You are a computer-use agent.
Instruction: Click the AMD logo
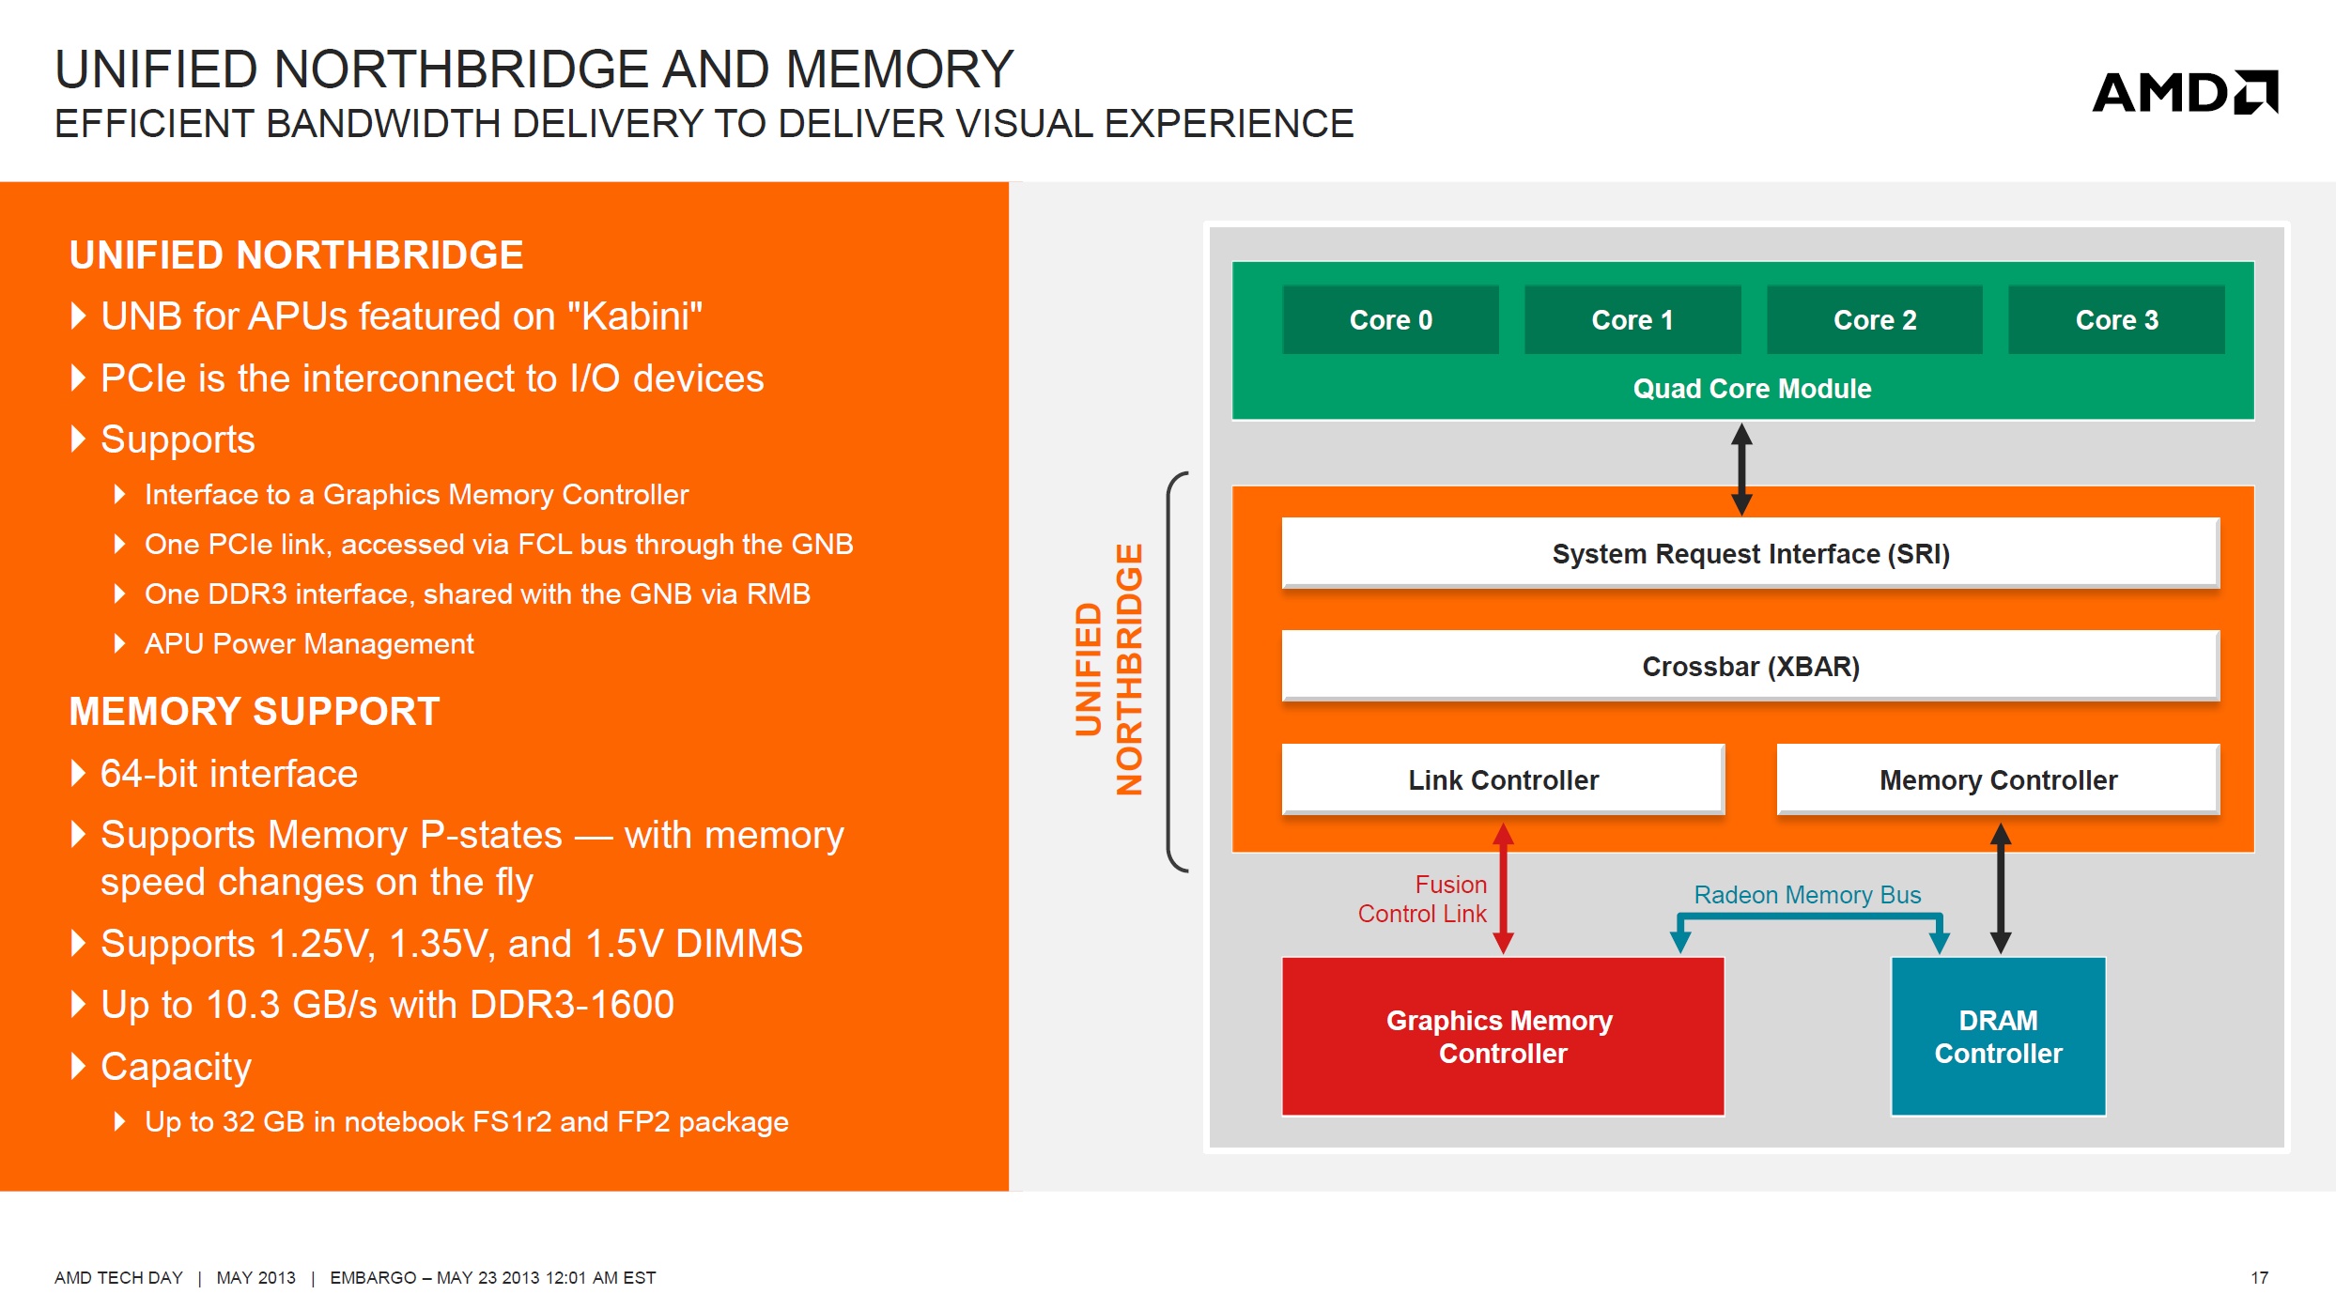[2185, 92]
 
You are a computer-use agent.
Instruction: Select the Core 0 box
[1390, 319]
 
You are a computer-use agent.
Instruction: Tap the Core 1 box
[1632, 319]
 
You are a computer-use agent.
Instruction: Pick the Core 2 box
[1875, 319]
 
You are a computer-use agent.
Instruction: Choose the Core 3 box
[2116, 319]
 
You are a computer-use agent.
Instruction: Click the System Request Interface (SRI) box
[1751, 553]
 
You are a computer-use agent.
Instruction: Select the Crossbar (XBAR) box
[1751, 666]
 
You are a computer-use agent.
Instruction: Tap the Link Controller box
[1503, 779]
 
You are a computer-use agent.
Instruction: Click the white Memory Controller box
[1998, 779]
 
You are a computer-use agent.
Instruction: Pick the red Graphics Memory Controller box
[1503, 1036]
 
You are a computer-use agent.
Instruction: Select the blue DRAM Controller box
[1998, 1036]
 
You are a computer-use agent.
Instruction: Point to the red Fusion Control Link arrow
[1503, 888]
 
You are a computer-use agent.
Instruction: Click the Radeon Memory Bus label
[1807, 895]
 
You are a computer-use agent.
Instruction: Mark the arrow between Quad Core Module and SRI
[1741, 469]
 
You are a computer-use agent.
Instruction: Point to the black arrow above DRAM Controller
[2001, 888]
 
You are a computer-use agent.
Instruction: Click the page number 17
[2259, 1278]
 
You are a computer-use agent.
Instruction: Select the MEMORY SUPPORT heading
[255, 712]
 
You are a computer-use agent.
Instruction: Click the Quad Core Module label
[1752, 389]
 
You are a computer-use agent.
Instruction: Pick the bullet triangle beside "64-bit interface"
[79, 774]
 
